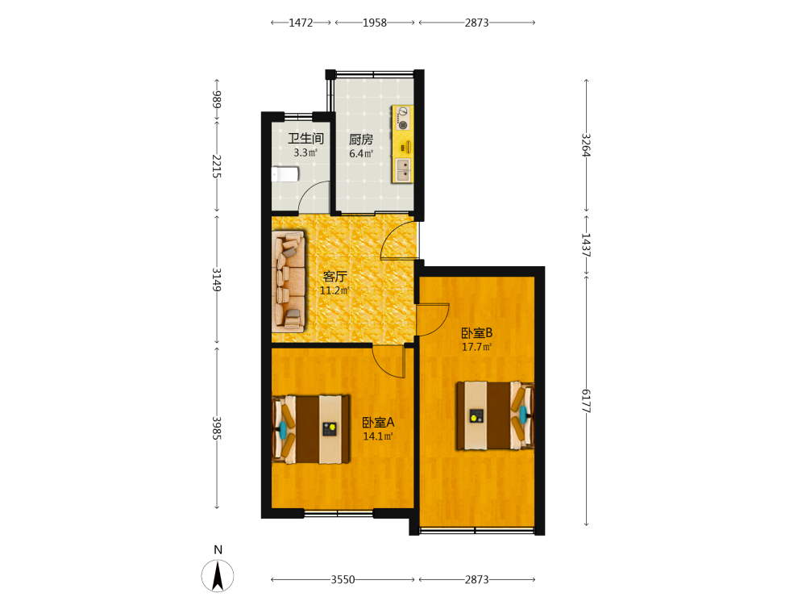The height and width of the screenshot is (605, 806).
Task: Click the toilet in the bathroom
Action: pos(285,174)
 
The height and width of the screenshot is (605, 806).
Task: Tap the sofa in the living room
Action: pos(289,281)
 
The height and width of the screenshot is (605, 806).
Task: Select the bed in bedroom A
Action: pos(311,430)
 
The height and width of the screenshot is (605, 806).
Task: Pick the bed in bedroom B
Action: pos(496,415)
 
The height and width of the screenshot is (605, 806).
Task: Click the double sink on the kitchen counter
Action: pos(403,170)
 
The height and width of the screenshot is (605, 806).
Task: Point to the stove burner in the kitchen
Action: pos(403,125)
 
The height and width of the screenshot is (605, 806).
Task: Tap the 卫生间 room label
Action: pos(305,139)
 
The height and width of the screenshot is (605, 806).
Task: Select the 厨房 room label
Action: pos(361,140)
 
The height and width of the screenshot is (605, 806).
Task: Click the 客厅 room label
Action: pos(334,277)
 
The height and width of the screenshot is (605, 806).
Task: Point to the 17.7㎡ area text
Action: pos(476,347)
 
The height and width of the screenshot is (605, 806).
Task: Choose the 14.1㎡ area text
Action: pos(378,436)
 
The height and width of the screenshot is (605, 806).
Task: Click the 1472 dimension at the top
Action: pos(301,23)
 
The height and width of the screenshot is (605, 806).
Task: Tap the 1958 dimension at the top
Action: pos(375,23)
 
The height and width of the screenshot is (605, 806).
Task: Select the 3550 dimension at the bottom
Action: pos(343,580)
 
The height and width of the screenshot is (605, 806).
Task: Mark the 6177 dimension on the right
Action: pos(586,401)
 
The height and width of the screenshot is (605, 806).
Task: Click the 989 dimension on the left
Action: pos(217,98)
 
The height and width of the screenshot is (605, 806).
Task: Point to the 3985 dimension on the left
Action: pos(217,428)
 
